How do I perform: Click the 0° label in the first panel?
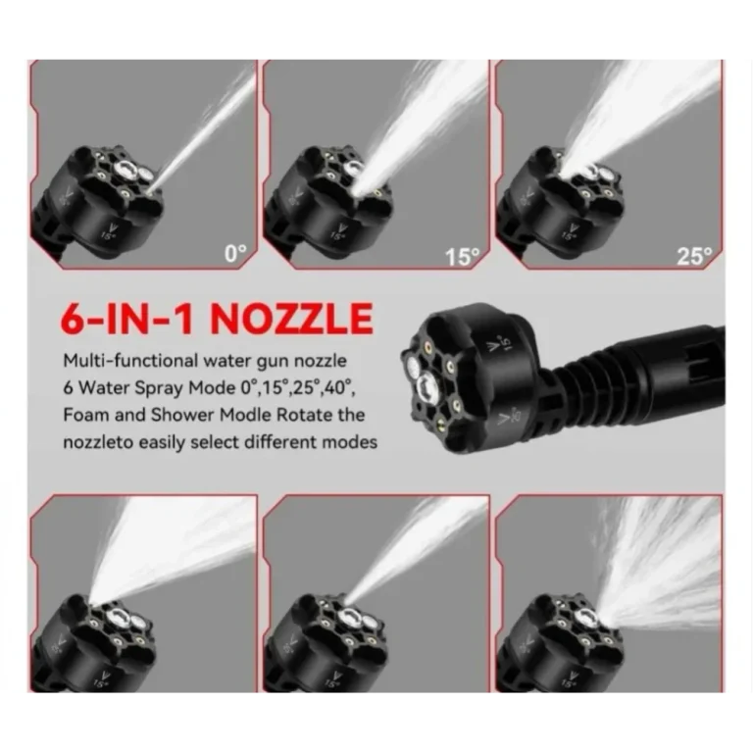[235, 253]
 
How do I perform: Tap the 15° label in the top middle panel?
[462, 257]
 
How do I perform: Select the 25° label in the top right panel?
[694, 256]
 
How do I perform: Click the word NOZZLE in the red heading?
[291, 318]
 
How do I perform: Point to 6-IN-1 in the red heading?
[129, 318]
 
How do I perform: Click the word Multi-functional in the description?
[129, 360]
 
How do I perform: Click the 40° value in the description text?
[339, 387]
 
